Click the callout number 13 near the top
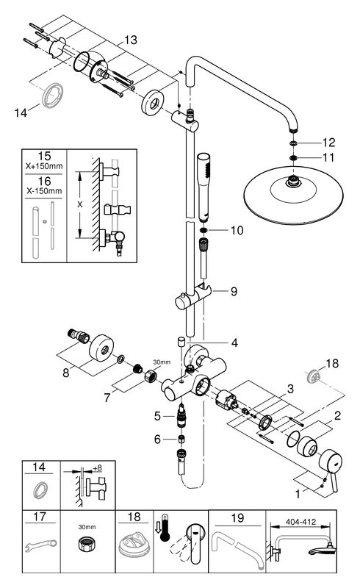click(131, 40)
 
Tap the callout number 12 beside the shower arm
click(328, 143)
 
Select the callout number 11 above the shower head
click(328, 157)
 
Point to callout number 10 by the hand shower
click(237, 230)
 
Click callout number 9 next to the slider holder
click(234, 291)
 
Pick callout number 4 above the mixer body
click(234, 343)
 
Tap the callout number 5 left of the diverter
click(157, 416)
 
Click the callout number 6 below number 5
click(157, 439)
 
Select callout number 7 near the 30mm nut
click(107, 398)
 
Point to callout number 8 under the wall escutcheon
click(66, 373)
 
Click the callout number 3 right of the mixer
click(291, 389)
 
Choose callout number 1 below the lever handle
click(298, 495)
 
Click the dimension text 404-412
click(300, 522)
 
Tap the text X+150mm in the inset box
click(44, 166)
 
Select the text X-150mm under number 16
click(44, 191)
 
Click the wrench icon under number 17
click(40, 545)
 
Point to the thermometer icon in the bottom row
click(164, 528)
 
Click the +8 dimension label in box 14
click(97, 468)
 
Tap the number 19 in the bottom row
click(237, 518)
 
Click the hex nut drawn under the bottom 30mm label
click(87, 543)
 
